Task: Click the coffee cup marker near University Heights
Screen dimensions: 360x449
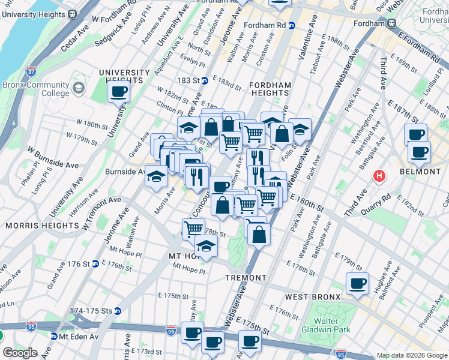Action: click(118, 92)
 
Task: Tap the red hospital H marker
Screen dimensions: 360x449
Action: click(379, 176)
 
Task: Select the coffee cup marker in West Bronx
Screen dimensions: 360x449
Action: click(358, 284)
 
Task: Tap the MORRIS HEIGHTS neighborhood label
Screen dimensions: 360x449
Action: click(42, 226)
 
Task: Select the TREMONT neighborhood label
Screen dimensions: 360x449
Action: click(246, 278)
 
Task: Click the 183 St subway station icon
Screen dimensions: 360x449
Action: click(204, 80)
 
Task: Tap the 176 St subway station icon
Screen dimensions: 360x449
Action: click(95, 264)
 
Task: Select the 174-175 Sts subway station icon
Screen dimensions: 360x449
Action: click(118, 311)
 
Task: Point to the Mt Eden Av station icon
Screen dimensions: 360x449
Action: click(54, 337)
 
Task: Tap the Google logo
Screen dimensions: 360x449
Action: click(20, 353)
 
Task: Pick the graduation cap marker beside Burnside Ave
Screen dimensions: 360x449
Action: click(156, 177)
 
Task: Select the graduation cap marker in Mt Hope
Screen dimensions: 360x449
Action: click(206, 246)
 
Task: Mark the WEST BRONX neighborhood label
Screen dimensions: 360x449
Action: click(313, 297)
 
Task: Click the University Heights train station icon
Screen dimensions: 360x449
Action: click(73, 14)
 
